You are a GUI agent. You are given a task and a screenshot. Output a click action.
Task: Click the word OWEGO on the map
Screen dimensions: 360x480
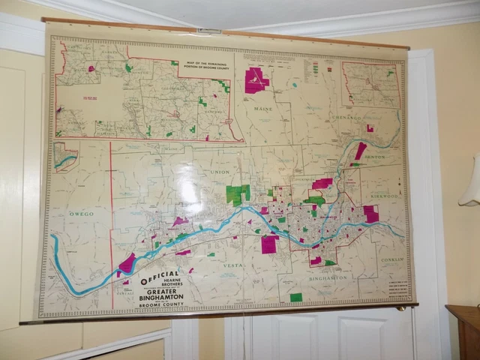(81, 214)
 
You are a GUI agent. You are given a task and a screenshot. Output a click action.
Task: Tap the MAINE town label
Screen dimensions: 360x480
(262, 109)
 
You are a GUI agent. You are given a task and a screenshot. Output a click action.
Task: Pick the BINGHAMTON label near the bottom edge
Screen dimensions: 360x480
(328, 277)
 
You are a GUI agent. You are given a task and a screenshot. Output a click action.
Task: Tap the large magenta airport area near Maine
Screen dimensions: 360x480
(256, 79)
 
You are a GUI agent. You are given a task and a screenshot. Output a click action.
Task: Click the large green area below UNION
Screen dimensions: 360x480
(238, 194)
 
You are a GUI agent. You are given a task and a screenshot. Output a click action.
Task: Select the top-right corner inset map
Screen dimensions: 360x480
(370, 84)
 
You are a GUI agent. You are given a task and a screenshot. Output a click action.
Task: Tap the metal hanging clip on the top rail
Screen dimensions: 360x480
(208, 31)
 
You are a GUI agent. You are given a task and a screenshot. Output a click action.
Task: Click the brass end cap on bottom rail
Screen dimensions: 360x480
(401, 307)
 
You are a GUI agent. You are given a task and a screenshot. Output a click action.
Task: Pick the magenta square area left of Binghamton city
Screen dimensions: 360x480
(269, 244)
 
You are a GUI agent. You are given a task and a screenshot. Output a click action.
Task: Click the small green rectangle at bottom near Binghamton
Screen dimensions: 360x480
(296, 297)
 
